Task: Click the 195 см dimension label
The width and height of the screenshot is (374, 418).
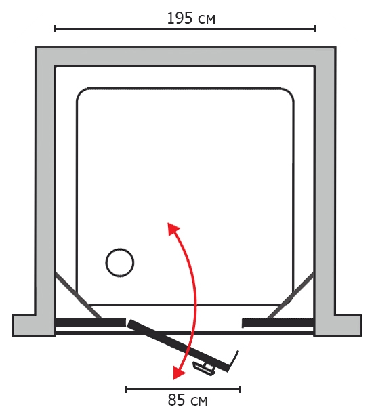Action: [x=191, y=18]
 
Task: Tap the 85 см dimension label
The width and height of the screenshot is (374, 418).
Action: [x=188, y=400]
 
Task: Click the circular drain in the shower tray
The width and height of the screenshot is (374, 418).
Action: [x=120, y=263]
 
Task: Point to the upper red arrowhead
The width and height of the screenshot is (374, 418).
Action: [x=173, y=228]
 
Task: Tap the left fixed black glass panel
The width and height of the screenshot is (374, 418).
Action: [x=90, y=322]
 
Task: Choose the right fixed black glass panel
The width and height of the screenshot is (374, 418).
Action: [x=278, y=322]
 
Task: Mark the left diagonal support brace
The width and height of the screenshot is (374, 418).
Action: [x=78, y=295]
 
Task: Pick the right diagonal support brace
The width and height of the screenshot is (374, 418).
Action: [x=291, y=295]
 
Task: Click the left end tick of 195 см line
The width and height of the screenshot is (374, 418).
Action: [x=55, y=28]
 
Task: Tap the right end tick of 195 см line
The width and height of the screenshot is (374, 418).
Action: [x=315, y=28]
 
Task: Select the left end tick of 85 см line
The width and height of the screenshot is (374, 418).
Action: [x=126, y=390]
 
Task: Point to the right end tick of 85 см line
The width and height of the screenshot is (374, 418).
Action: [x=240, y=390]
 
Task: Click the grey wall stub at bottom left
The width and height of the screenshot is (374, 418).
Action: [x=33, y=325]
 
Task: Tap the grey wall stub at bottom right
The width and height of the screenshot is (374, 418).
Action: [x=337, y=325]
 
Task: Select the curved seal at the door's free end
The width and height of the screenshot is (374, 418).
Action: [x=234, y=361]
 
